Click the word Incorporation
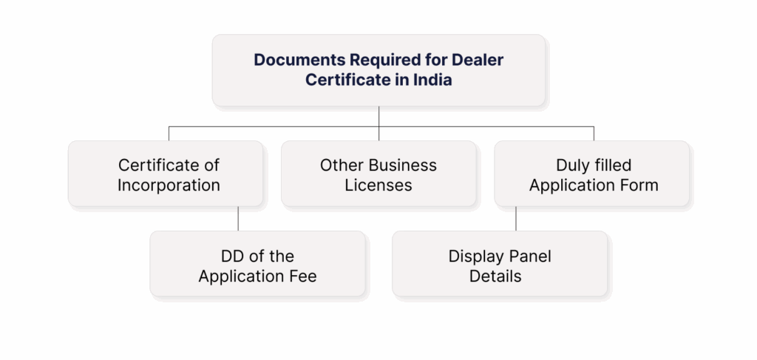tap(169, 185)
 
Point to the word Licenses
tap(378, 185)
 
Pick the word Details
tap(495, 276)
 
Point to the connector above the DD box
tap(238, 219)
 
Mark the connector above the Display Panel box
tap(516, 219)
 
